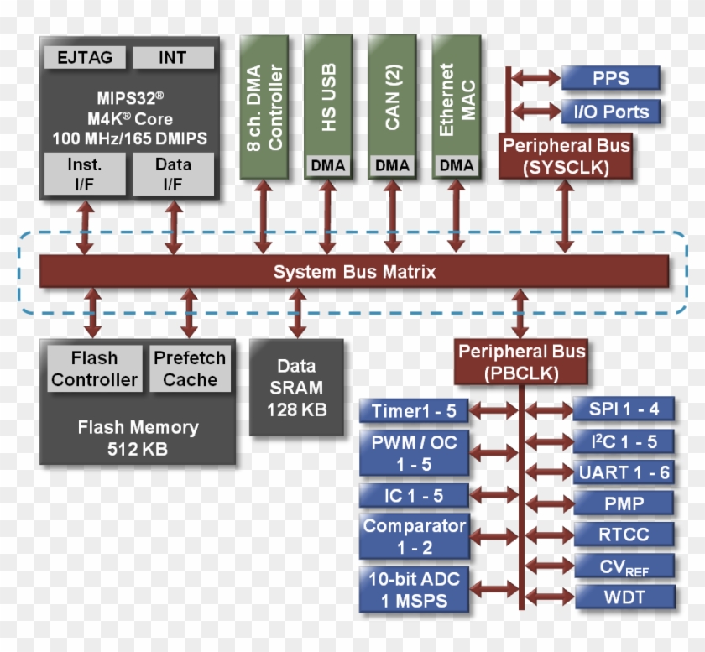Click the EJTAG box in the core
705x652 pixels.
click(x=85, y=58)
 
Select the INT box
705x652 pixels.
click(x=173, y=58)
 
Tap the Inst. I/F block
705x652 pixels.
click(x=85, y=174)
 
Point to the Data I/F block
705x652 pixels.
click(x=173, y=174)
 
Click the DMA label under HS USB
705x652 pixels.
click(x=328, y=165)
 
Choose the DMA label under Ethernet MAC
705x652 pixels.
click(x=457, y=165)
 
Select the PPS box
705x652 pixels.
click(x=611, y=78)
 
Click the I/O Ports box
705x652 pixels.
click(x=611, y=112)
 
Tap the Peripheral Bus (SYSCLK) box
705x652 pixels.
click(x=566, y=156)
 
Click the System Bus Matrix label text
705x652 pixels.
click(x=354, y=272)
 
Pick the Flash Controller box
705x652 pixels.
click(x=94, y=368)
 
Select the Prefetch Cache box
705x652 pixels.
click(x=190, y=368)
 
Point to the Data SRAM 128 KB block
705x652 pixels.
click(x=297, y=388)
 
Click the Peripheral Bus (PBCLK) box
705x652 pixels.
click(x=521, y=362)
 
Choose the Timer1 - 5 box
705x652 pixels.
click(x=414, y=411)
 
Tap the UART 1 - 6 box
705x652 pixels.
click(x=624, y=472)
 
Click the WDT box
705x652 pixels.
click(x=625, y=597)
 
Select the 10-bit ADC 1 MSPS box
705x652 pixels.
click(x=414, y=590)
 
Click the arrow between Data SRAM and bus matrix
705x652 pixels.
click(x=297, y=313)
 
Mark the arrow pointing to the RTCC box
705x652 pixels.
click(x=550, y=535)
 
